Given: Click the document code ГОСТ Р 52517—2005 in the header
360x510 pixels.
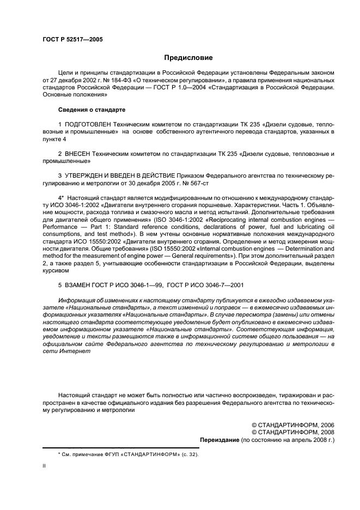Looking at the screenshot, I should [x=72, y=40].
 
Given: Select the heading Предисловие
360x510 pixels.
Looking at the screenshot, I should [x=188, y=58].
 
